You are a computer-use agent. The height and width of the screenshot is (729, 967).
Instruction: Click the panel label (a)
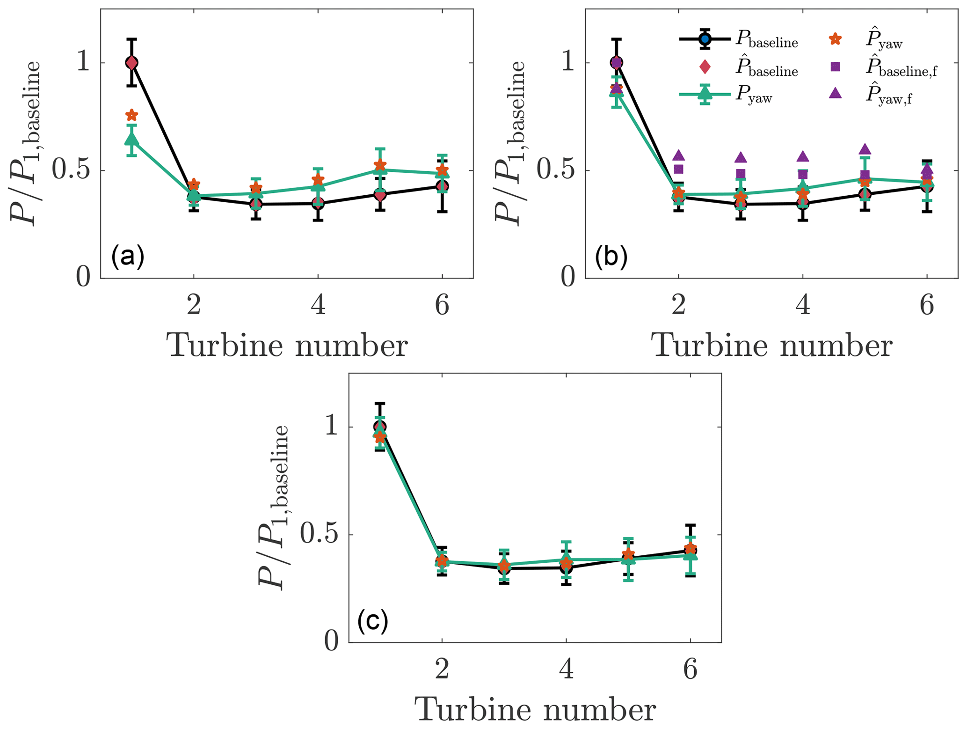click(127, 257)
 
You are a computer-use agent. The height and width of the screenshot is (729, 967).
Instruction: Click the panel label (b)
click(611, 257)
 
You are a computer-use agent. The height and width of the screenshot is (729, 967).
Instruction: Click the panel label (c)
click(372, 621)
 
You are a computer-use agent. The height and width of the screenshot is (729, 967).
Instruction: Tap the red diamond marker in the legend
click(705, 68)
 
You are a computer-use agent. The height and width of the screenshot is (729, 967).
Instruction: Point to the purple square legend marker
click(835, 67)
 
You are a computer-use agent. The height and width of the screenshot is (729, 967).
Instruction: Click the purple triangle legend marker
click(835, 94)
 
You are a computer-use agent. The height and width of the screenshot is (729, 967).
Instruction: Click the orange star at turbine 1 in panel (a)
click(132, 115)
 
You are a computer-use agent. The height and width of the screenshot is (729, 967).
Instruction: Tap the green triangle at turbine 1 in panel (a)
click(132, 139)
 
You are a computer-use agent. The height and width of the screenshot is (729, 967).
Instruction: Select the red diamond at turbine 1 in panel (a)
click(132, 62)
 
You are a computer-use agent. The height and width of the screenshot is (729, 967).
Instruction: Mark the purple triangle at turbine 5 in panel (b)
click(865, 149)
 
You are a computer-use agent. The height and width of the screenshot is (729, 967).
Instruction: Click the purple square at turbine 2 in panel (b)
click(679, 169)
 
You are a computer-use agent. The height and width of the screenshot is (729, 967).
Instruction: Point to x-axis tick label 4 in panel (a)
click(318, 306)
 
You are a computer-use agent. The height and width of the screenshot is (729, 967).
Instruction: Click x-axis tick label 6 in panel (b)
click(927, 306)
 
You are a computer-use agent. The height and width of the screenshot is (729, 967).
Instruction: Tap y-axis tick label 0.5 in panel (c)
click(317, 535)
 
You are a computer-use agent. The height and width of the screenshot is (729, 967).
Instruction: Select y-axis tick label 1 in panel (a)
click(83, 62)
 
